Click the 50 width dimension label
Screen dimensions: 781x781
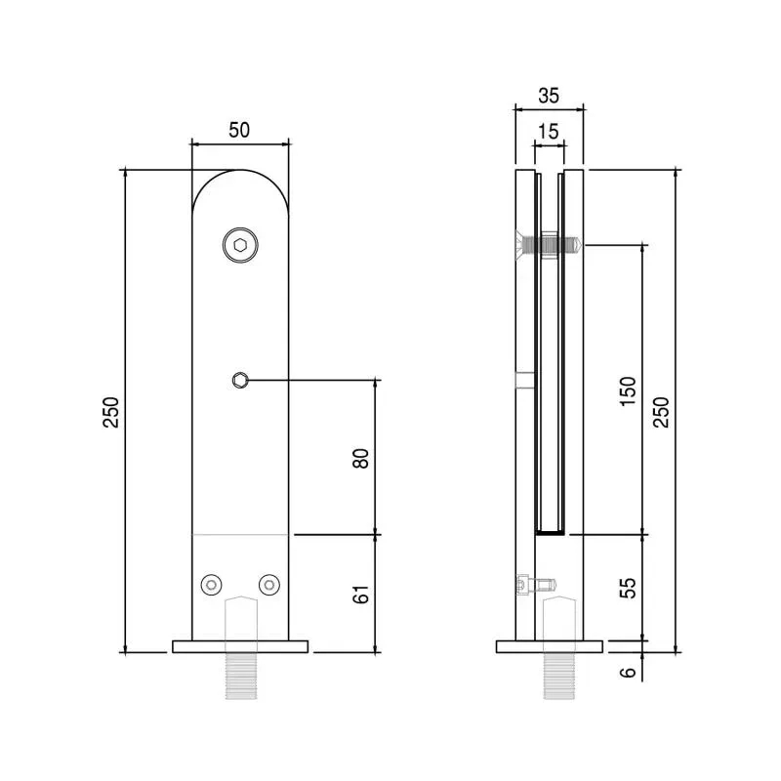pos(239,130)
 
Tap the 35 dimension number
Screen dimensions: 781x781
pos(549,95)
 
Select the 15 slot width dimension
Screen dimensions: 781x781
pos(549,132)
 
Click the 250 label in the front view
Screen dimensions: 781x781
pos(111,412)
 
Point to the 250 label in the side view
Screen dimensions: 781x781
pos(661,412)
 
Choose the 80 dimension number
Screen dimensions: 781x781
pos(360,458)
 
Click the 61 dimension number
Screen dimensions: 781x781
pos(360,595)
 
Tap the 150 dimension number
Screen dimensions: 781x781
pos(628,391)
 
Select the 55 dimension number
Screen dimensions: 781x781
pos(628,588)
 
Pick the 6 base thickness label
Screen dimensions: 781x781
pos(628,672)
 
